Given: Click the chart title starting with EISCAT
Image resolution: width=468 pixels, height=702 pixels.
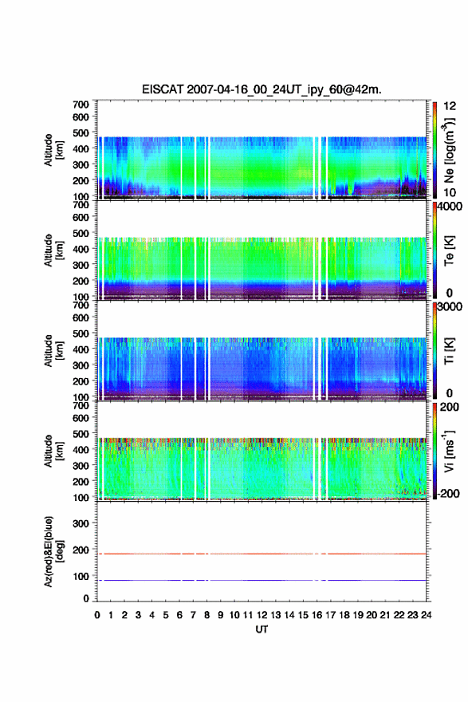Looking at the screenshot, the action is (262, 89).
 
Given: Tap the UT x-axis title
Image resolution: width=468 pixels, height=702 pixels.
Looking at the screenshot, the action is (262, 629).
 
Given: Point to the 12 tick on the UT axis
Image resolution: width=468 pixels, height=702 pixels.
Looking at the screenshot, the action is (262, 615).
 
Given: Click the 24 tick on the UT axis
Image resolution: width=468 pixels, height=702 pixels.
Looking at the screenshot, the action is (426, 615).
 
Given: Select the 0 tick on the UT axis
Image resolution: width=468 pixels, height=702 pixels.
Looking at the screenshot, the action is (97, 615).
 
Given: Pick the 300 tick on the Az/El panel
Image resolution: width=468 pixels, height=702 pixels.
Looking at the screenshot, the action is (81, 523).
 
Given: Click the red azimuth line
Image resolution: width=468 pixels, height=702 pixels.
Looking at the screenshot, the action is (262, 554).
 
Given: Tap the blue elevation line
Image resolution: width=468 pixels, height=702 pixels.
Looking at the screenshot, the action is (262, 580).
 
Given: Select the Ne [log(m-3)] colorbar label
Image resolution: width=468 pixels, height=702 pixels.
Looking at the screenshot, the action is (449, 150).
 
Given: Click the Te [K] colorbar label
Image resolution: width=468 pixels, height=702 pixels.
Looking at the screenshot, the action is (449, 250).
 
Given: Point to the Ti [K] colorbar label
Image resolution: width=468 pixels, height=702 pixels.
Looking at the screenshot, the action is (449, 351).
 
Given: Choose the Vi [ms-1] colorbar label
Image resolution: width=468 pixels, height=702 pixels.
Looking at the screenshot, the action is (449, 451).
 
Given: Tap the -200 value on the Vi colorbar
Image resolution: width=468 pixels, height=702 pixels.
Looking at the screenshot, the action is (448, 493).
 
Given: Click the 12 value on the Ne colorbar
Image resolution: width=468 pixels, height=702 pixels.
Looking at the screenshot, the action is (450, 106).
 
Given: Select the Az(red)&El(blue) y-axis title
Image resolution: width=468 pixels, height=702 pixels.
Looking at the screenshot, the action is (52, 551).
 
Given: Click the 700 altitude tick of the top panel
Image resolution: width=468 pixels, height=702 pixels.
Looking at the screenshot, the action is (81, 105).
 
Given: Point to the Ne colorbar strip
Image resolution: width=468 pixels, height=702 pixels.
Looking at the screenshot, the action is (435, 150).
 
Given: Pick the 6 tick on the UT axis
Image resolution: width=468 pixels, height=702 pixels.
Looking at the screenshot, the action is (179, 615).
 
